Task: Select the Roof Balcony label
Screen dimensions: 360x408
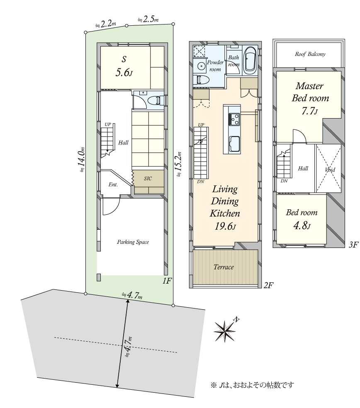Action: click(310, 54)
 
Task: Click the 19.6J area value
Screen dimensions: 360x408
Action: click(225, 226)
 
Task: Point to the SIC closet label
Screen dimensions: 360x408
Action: click(148, 178)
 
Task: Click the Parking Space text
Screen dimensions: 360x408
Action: click(133, 242)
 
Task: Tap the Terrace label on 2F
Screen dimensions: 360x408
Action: click(224, 267)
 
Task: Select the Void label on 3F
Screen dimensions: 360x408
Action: click(330, 170)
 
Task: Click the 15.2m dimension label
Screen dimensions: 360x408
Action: click(178, 165)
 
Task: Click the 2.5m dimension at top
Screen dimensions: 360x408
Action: click(148, 19)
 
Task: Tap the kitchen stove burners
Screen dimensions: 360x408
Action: click(234, 119)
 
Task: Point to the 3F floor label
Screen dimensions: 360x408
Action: click(353, 245)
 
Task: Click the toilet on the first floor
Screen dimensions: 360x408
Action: click(155, 100)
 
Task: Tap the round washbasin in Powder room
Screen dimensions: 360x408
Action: click(201, 66)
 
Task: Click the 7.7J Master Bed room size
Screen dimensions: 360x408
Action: click(310, 111)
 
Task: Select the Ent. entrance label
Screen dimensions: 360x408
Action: click(113, 185)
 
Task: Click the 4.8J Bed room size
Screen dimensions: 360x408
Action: click(302, 225)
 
